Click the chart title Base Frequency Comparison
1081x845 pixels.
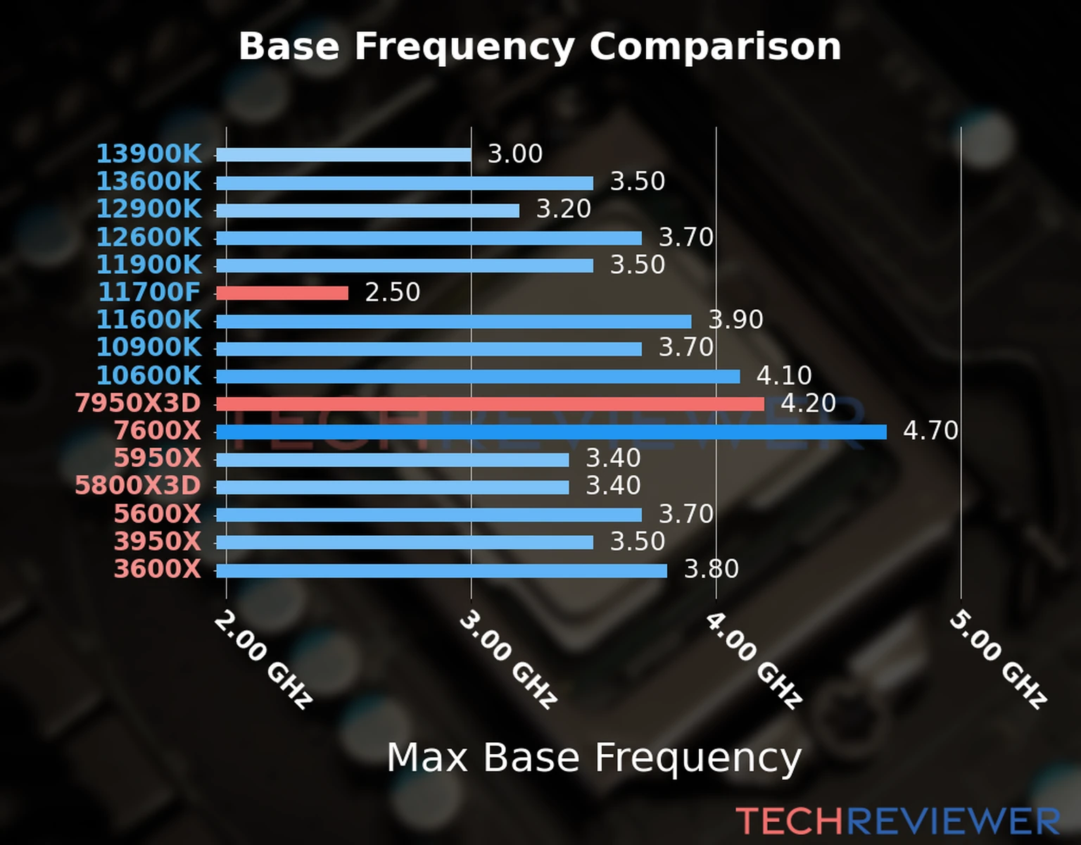pyautogui.click(x=540, y=46)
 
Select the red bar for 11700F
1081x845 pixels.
pyautogui.click(x=282, y=293)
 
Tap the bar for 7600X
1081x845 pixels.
pyautogui.click(x=551, y=432)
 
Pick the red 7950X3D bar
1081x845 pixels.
pyautogui.click(x=490, y=403)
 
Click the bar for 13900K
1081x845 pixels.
pyautogui.click(x=343, y=155)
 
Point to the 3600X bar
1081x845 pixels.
pyautogui.click(x=441, y=570)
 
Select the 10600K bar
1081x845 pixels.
pyautogui.click(x=478, y=377)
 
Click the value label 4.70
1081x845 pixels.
pyautogui.click(x=930, y=430)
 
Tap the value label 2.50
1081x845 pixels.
pyautogui.click(x=392, y=292)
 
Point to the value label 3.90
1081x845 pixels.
pyautogui.click(x=735, y=320)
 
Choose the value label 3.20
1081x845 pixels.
pyautogui.click(x=563, y=209)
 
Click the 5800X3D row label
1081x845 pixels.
pyautogui.click(x=138, y=486)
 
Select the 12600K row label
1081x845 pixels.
pyautogui.click(x=148, y=237)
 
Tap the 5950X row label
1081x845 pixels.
pyautogui.click(x=158, y=458)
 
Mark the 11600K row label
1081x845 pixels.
pyautogui.click(x=148, y=320)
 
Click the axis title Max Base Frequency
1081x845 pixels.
pyautogui.click(x=594, y=758)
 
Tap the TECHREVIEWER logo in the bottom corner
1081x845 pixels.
pyautogui.click(x=897, y=821)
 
